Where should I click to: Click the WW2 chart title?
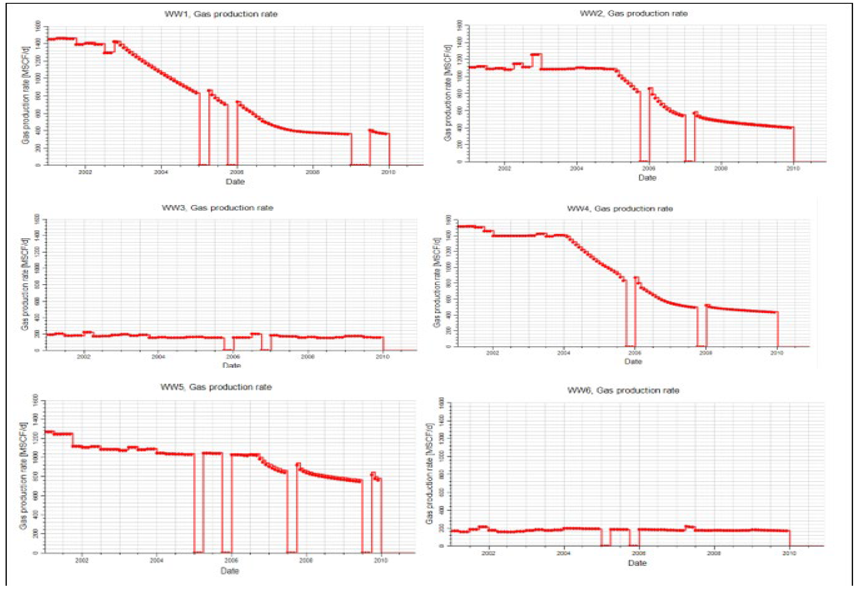(x=633, y=14)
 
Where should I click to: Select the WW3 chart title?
(x=217, y=208)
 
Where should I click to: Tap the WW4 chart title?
(x=620, y=208)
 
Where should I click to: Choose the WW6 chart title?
(x=623, y=390)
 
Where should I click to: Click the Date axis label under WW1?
(x=235, y=182)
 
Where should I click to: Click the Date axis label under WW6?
(x=637, y=563)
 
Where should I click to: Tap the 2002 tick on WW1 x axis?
(x=85, y=172)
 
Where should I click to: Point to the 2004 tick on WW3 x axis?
(x=158, y=357)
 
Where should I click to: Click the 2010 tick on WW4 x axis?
(x=777, y=353)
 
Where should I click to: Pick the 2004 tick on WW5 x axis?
(x=156, y=560)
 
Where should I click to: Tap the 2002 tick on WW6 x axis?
(x=489, y=553)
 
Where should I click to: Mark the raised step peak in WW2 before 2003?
(x=536, y=54)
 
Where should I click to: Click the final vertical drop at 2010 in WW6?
(x=790, y=538)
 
